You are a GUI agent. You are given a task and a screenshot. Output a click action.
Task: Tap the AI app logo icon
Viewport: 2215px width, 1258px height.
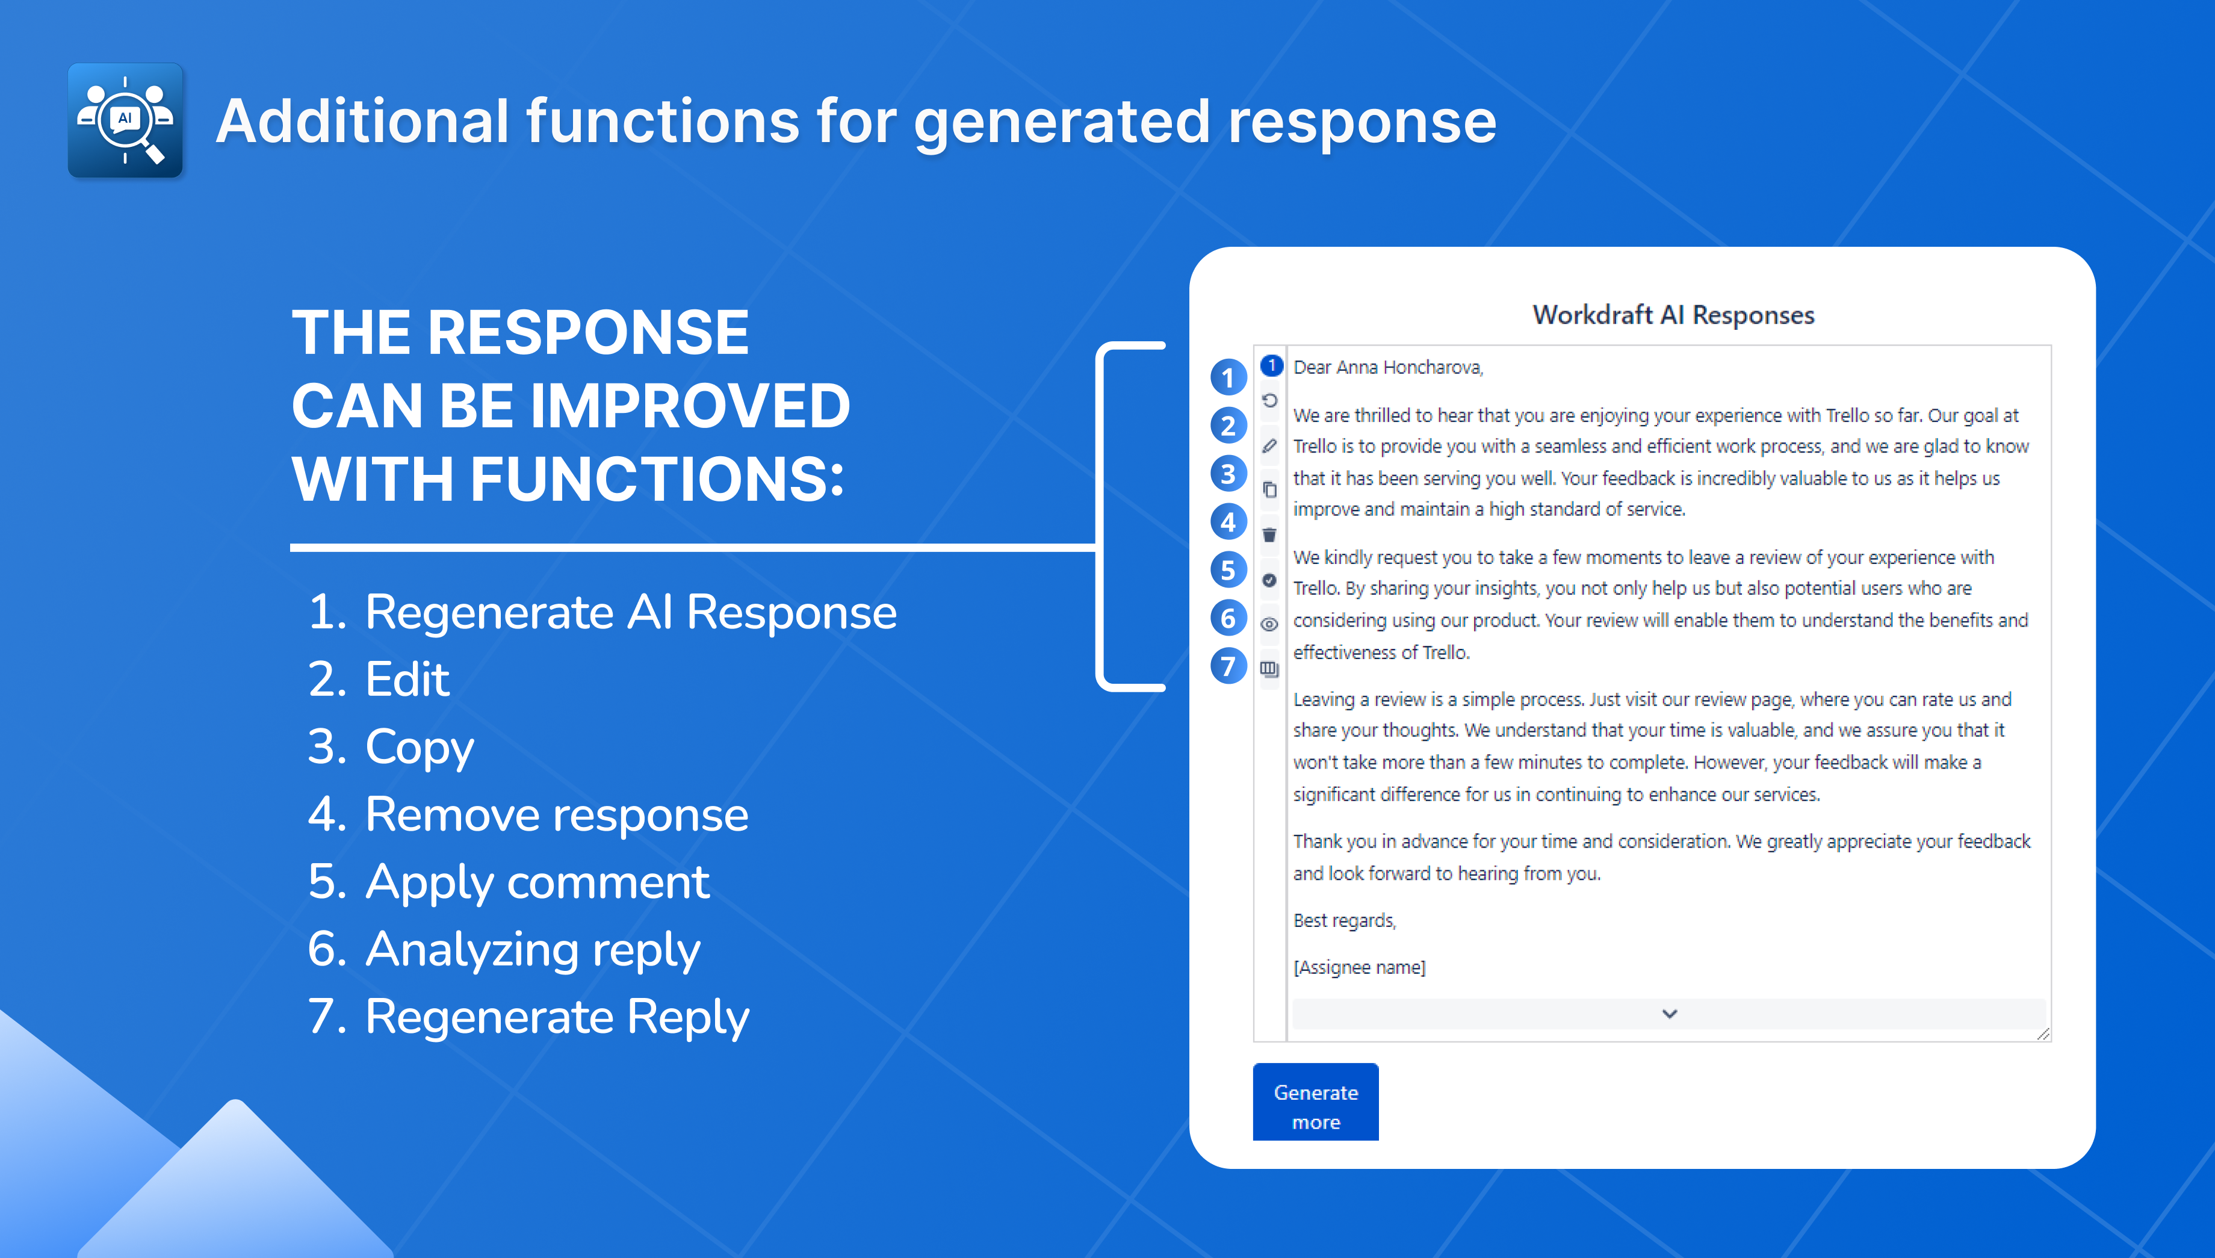tap(125, 120)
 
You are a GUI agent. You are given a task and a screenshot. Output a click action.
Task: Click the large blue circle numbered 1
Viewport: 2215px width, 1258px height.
tap(1228, 377)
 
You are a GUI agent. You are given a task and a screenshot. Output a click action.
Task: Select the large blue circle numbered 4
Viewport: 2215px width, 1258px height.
tap(1228, 522)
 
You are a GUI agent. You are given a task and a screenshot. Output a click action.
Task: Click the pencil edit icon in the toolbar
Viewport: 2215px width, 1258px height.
tap(1269, 446)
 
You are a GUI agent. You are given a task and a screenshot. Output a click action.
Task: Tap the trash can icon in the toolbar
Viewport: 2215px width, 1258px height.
tap(1269, 535)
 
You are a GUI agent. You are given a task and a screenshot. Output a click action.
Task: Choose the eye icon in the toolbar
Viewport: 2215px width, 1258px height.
tap(1269, 624)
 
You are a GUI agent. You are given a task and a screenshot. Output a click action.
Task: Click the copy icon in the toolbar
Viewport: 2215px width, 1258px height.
tap(1269, 490)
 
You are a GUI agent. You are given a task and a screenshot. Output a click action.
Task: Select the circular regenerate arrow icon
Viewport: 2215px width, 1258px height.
tap(1269, 401)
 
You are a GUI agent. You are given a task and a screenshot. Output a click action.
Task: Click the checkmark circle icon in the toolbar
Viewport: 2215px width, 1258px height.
tap(1269, 580)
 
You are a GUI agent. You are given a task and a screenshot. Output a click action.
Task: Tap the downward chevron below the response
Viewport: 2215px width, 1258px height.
tap(1669, 1014)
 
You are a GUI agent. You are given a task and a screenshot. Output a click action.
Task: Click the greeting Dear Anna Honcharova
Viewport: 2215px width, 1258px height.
tap(1387, 367)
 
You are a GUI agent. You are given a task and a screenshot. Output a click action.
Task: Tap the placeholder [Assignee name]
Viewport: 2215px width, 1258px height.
tap(1359, 968)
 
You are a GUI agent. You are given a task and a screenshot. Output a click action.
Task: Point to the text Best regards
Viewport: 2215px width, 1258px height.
tap(1344, 921)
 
